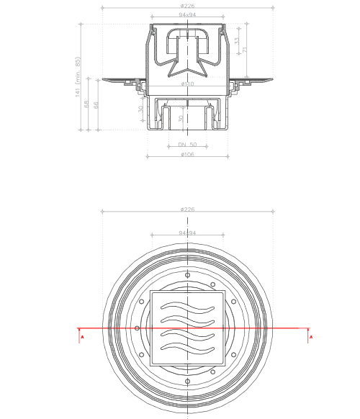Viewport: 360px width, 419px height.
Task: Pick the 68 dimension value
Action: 88,105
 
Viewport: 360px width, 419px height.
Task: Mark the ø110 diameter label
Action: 188,85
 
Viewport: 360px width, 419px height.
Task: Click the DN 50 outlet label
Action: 188,145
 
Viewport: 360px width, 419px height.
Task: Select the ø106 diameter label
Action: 188,153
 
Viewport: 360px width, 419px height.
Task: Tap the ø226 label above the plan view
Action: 188,209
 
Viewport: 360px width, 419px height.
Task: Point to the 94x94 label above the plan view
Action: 188,233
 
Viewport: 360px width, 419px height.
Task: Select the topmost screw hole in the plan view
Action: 188,276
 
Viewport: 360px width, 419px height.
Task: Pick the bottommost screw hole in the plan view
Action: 188,380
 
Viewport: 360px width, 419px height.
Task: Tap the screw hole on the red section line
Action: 137,328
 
